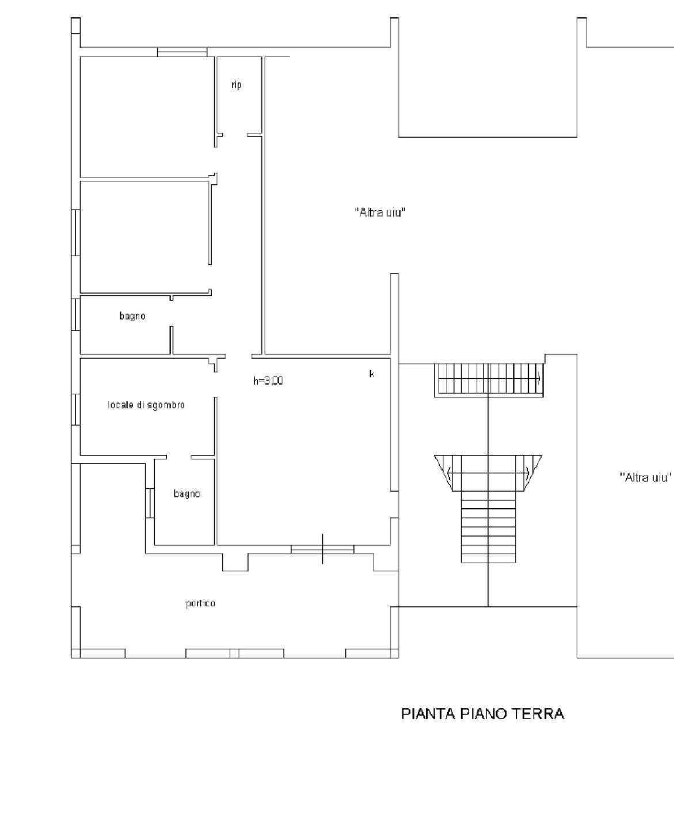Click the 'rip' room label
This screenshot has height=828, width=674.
pos(236,85)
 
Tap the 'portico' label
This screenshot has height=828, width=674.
pos(200,603)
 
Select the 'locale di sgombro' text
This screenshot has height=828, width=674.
pos(146,405)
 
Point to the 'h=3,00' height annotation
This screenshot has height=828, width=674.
pos(268,381)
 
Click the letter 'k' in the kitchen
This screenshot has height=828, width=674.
pos(371,374)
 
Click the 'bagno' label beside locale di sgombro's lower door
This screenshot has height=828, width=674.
pos(187,493)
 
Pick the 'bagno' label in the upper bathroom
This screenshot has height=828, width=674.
pos(132,316)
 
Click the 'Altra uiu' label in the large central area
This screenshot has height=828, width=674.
pos(380,212)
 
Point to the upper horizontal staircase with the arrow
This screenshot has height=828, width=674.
pos(489,380)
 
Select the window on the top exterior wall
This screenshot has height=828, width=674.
pos(182,52)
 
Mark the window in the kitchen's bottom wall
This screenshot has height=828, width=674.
pos(322,549)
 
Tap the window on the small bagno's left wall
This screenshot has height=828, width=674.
pos(150,503)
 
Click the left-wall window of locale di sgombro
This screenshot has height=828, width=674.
pos(76,410)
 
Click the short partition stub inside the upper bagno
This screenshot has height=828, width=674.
pos(172,340)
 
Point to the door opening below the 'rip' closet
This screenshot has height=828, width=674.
pos(235,135)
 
